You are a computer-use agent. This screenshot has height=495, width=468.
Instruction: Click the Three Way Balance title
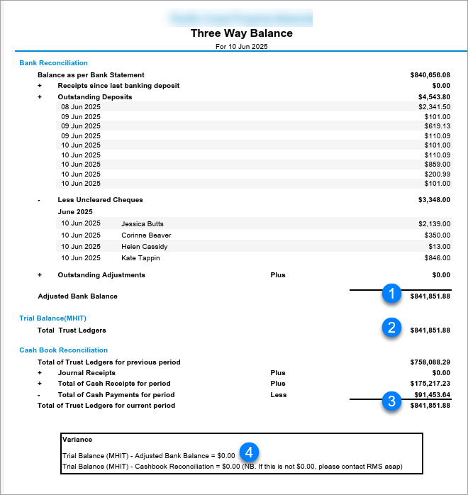coord(241,33)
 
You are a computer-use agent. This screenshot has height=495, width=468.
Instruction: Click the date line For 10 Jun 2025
coord(241,47)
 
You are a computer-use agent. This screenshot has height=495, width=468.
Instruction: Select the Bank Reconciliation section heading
coord(54,63)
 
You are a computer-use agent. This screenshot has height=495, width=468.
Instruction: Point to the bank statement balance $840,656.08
coord(430,74)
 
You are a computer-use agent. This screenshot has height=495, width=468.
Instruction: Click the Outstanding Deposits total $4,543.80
coord(434,96)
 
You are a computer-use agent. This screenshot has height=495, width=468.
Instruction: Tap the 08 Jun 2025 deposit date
coord(81,106)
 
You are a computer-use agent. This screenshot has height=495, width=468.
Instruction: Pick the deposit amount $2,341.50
coord(434,106)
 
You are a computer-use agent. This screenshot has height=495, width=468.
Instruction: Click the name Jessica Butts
coord(143,223)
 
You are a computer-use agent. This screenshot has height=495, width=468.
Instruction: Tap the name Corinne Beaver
coord(146,235)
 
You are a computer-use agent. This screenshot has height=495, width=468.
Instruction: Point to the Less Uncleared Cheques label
coord(100,200)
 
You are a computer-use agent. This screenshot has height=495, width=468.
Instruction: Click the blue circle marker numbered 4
coord(247,451)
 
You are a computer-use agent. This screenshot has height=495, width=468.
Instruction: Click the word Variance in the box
coord(77,440)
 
